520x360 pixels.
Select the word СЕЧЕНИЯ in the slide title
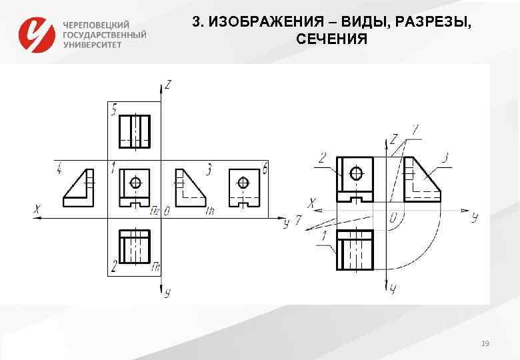331,39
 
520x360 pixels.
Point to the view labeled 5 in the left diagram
134,131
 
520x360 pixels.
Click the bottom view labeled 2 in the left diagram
134,249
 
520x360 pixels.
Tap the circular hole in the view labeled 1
136,182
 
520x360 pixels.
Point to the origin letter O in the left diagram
166,211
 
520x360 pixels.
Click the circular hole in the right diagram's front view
357,173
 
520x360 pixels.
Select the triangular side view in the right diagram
421,179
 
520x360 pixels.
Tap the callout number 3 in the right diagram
445,158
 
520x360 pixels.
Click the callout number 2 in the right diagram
323,158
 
